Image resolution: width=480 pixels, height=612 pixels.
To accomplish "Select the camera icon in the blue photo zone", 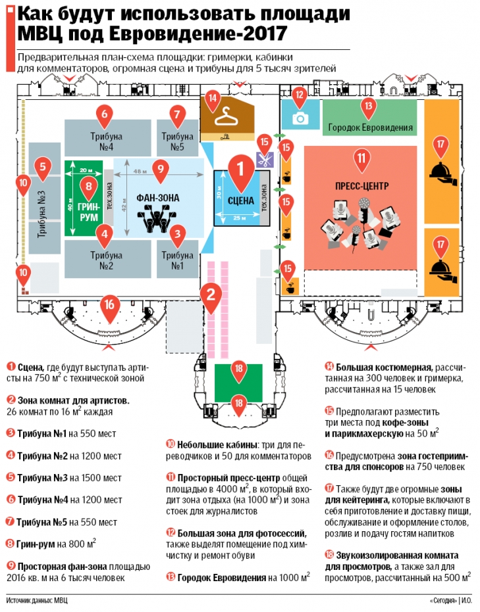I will [x=300, y=118].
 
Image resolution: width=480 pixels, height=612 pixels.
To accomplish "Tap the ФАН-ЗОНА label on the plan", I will [x=158, y=197].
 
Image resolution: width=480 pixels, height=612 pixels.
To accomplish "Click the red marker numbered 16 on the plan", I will [x=110, y=304].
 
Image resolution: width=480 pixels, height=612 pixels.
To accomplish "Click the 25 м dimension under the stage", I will [x=238, y=219].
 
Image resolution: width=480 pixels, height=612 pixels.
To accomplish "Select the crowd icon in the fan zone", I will [x=158, y=218].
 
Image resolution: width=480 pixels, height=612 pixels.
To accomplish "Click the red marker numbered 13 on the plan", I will [x=368, y=105].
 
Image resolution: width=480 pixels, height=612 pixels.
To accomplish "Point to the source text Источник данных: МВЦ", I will [x=38, y=600].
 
